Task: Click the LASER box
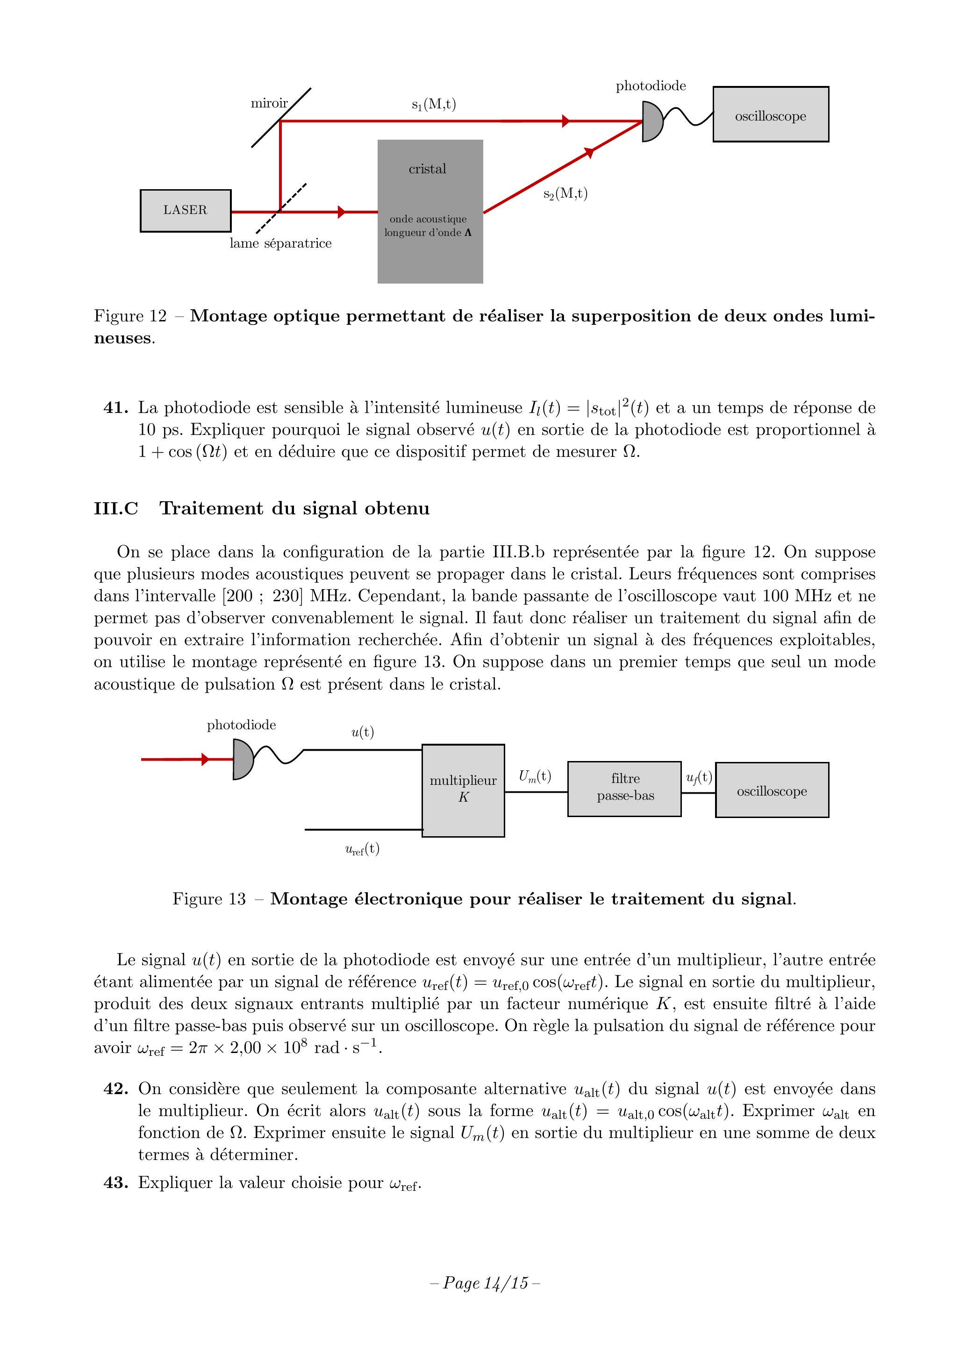point(185,211)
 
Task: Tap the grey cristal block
point(430,211)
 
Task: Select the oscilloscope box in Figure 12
point(770,115)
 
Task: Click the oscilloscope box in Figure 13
point(772,790)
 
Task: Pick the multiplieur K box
point(463,790)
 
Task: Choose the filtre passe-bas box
point(624,789)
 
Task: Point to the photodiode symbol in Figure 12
point(652,121)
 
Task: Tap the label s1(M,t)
point(433,105)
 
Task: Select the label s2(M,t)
point(565,194)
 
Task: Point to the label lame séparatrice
point(280,243)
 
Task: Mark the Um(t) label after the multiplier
point(535,776)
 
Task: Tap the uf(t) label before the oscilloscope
point(699,777)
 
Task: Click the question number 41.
point(115,408)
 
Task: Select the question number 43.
point(115,1183)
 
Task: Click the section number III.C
point(115,509)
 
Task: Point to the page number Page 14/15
point(485,1283)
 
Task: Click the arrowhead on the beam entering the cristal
point(342,212)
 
